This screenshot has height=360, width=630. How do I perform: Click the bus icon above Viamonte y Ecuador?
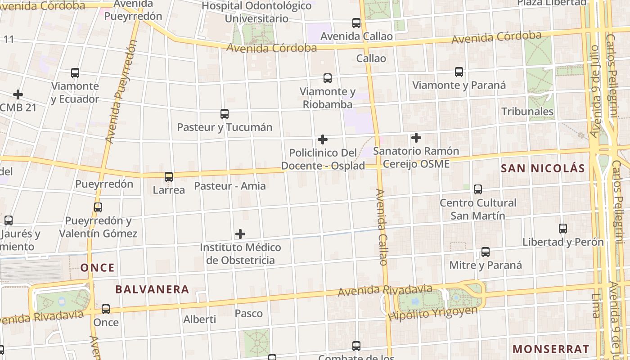coord(75,72)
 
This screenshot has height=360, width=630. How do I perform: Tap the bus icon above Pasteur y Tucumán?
coord(225,114)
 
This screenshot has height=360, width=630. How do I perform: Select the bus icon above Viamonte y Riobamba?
coord(328,78)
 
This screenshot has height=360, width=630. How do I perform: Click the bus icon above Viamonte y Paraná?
coord(459,72)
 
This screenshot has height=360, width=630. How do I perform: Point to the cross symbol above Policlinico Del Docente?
coord(323,139)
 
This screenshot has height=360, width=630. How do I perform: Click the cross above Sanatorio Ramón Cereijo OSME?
coord(416,137)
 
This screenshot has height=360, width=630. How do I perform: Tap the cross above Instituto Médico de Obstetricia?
coord(240,234)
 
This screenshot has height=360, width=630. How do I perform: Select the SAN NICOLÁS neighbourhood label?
coord(543,169)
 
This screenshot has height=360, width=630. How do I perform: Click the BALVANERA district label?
coord(152,289)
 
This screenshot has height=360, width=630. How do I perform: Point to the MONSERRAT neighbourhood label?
coord(551,349)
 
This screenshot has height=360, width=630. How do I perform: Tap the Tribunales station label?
coord(527,112)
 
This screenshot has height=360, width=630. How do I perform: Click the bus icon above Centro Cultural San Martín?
coord(478,189)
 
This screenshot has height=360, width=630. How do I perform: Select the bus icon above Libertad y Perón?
coord(563,228)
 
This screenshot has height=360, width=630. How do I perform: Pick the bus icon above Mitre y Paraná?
coord(486,252)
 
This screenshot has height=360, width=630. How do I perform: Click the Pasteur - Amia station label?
coord(230,186)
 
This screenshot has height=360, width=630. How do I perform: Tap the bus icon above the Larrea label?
coord(169,177)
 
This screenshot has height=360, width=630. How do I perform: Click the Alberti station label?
coord(199,319)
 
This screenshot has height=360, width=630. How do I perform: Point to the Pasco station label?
coord(249,313)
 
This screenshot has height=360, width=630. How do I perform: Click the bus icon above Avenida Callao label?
coord(356,22)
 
